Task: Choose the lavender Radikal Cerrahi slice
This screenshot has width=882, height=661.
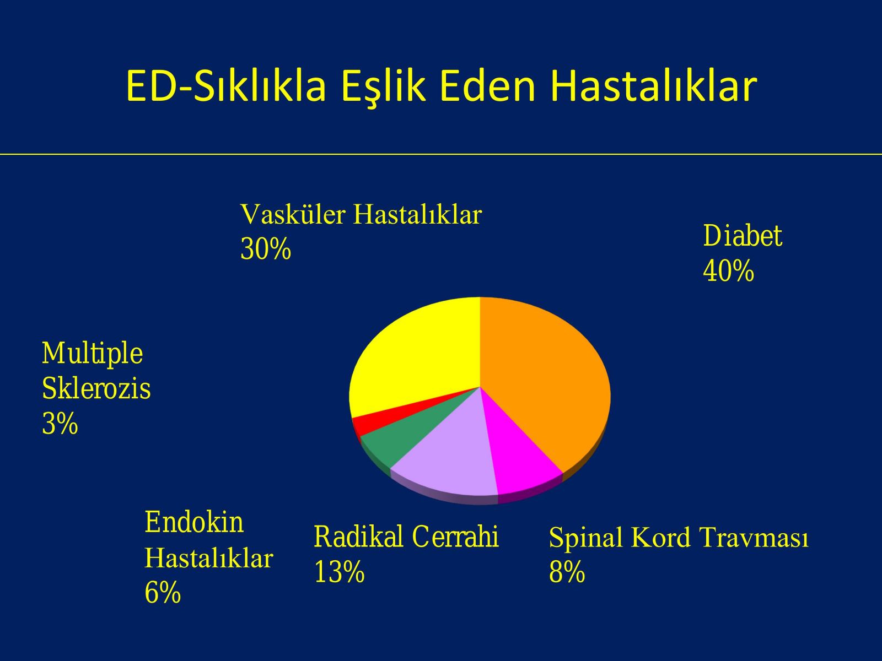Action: coord(450,458)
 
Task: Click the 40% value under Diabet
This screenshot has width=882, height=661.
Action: coord(728,271)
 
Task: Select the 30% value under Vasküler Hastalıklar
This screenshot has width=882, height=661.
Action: coord(266,249)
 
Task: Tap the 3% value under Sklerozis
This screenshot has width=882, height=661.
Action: coord(60,424)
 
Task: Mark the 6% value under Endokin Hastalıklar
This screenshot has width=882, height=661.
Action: coord(162,593)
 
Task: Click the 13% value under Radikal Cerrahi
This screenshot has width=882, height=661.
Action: coord(339,572)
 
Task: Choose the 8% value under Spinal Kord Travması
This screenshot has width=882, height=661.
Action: coord(567,572)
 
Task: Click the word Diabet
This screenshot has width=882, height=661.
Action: coord(743,236)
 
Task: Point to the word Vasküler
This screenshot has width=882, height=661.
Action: coord(293,215)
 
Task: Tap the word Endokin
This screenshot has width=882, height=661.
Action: coord(194,522)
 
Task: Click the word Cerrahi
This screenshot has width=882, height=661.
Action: coord(455,536)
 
